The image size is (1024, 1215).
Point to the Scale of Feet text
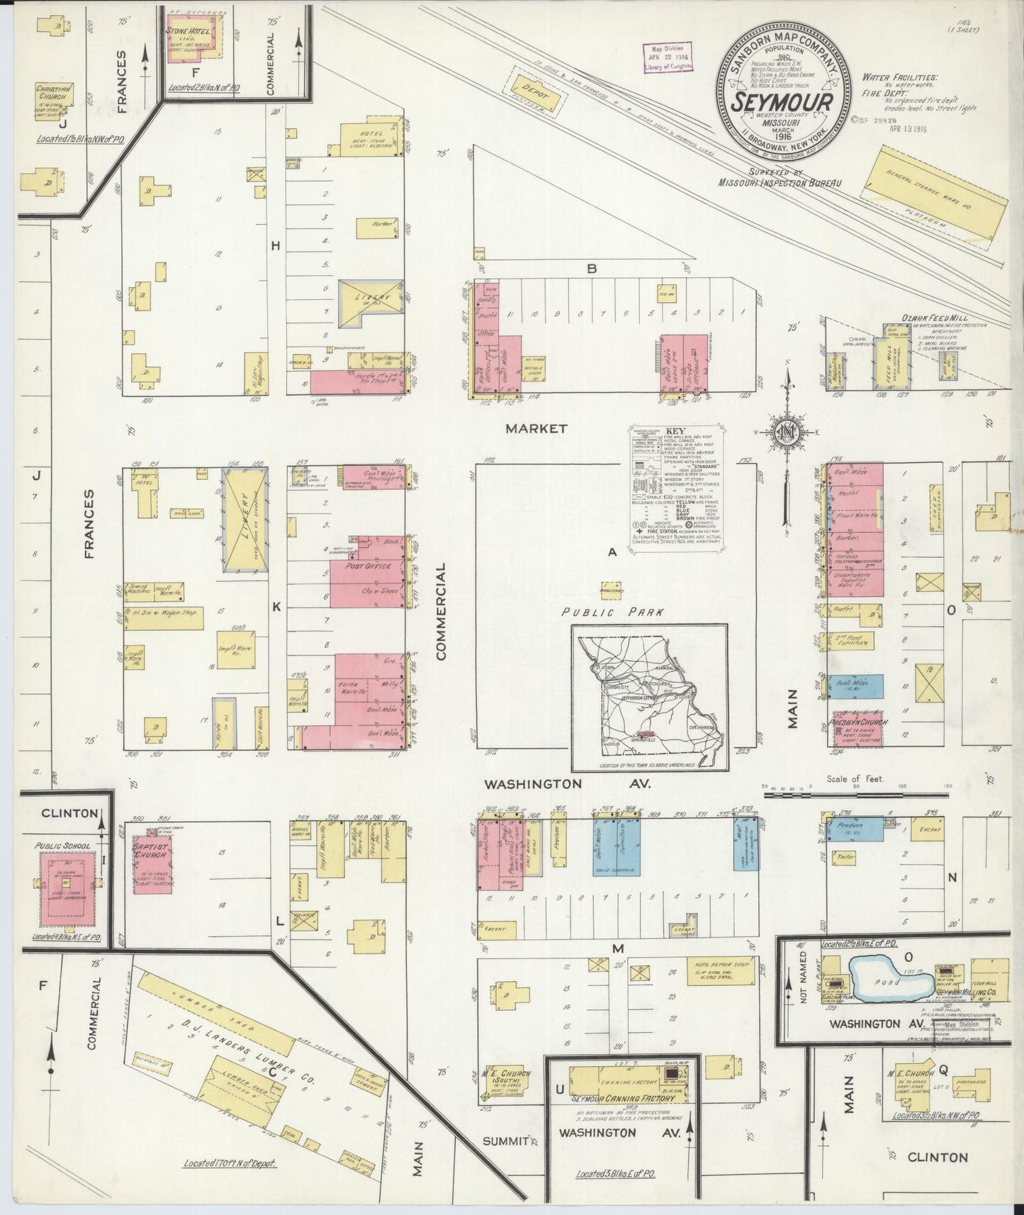855,778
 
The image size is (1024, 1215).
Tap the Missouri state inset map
648,696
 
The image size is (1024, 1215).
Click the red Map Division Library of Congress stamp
668,57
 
